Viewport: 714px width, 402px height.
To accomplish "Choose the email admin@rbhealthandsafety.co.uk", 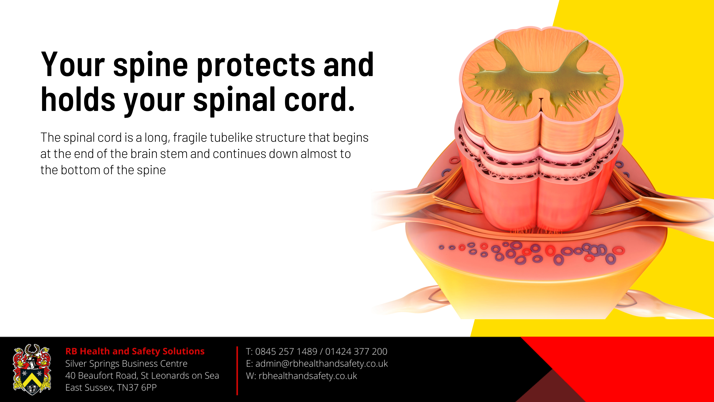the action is [321, 364].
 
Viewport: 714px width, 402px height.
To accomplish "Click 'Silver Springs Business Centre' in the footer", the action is [126, 364].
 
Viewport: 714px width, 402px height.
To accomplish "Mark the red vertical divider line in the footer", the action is [237, 371].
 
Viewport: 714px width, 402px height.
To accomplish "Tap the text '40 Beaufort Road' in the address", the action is [101, 376].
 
